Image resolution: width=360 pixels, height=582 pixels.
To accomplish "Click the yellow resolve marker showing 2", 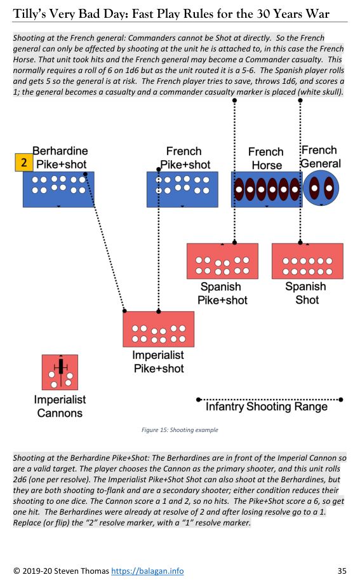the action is [x=24, y=162].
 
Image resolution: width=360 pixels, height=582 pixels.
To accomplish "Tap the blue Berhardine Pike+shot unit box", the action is [x=58, y=189].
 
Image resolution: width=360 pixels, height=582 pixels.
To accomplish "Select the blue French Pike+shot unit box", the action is [x=182, y=189].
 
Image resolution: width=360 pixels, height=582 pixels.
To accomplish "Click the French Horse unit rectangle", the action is [x=267, y=189].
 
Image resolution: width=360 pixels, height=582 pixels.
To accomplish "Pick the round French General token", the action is [x=321, y=188].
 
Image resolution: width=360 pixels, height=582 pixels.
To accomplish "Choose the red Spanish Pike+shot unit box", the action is [x=222, y=261].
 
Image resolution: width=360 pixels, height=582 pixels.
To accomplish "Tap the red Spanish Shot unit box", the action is [x=307, y=261].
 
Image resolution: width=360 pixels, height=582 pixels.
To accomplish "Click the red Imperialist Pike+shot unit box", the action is [x=158, y=329].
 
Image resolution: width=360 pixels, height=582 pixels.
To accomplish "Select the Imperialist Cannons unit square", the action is [x=60, y=372].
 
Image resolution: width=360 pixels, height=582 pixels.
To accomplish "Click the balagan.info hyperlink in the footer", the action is [x=147, y=571].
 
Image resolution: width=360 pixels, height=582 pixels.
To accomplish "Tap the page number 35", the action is [x=342, y=571].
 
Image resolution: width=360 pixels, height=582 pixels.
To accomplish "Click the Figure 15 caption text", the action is [x=180, y=430].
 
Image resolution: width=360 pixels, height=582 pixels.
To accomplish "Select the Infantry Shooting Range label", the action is [x=267, y=407].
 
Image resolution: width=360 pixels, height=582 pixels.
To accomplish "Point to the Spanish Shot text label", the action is [x=306, y=293].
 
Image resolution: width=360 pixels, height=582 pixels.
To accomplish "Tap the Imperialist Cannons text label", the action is [x=60, y=406].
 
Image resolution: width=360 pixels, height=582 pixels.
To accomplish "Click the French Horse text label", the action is [x=266, y=158].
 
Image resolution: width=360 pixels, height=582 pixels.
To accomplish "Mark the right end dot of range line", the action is [x=341, y=400].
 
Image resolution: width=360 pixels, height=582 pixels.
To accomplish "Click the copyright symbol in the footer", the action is [x=17, y=571].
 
